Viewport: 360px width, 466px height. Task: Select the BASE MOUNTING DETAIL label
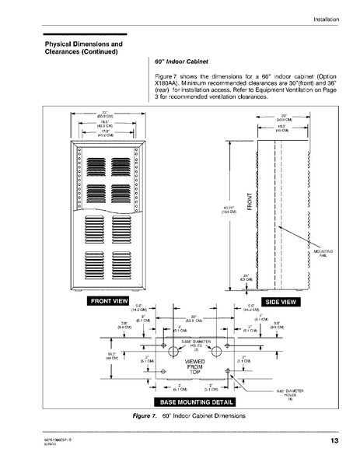[194, 402]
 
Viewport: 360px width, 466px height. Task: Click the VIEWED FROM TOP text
[194, 367]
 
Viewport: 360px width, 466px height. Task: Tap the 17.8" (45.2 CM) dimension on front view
[103, 131]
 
